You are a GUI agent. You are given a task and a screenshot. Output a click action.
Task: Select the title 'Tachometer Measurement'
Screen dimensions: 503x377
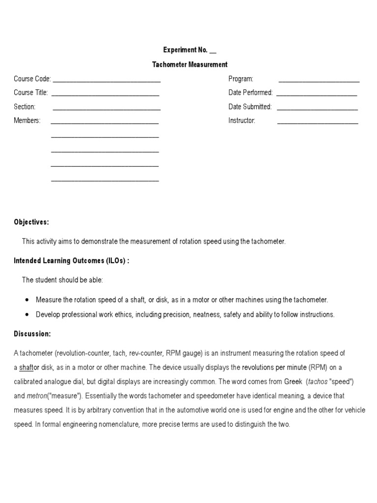coord(189,64)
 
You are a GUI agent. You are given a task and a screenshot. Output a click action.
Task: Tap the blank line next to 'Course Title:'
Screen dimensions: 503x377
coord(105,93)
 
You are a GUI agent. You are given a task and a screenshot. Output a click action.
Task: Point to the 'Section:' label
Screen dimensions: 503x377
coord(25,107)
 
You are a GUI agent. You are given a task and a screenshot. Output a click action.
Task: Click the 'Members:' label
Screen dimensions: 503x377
coord(27,120)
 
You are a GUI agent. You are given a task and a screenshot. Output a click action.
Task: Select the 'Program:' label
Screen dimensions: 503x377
coord(241,79)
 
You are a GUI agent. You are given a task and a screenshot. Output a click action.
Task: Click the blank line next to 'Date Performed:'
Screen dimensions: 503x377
coord(317,93)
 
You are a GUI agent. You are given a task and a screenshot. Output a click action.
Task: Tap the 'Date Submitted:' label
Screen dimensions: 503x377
coord(249,107)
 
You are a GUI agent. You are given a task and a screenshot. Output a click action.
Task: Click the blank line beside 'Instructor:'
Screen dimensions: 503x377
coord(318,121)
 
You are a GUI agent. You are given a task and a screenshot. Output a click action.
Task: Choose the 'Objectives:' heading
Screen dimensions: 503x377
coord(31,222)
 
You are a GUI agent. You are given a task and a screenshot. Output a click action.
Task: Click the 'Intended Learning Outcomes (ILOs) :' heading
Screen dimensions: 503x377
coord(72,261)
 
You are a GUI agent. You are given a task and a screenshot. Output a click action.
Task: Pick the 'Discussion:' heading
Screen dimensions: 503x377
coord(32,334)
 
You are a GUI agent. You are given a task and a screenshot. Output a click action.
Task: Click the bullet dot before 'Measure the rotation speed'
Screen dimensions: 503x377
coord(27,300)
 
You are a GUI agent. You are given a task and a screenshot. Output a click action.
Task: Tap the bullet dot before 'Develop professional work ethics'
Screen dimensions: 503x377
coord(27,314)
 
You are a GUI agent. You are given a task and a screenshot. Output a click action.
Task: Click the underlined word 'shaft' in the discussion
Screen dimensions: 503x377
coord(26,367)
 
